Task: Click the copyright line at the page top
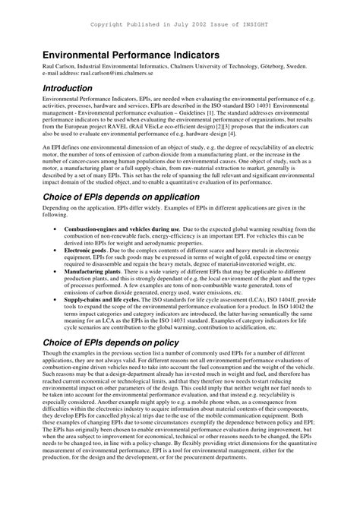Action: click(180, 24)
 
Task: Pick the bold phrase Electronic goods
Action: click(85, 249)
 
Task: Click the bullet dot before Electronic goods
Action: click(55, 249)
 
